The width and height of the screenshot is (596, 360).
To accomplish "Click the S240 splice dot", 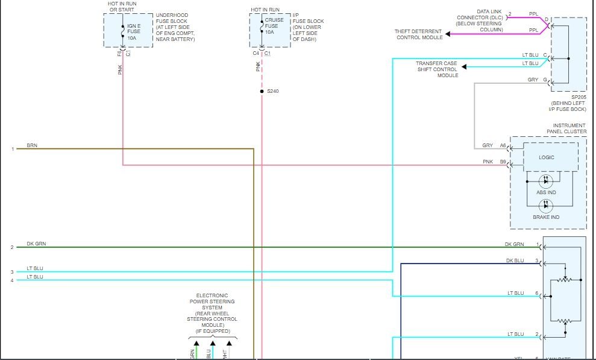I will pos(262,91).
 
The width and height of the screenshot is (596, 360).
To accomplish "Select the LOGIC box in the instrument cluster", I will pos(547,157).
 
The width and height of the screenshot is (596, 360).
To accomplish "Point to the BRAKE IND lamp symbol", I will pos(546,206).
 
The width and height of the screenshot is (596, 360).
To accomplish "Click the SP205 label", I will pos(579,96).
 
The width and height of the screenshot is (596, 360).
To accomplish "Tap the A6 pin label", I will pos(503,145).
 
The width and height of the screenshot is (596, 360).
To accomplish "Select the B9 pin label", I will pos(503,162).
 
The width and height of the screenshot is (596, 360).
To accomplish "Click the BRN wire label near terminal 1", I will pos(32,146).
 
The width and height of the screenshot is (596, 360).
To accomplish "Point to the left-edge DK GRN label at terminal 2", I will pos(36,244).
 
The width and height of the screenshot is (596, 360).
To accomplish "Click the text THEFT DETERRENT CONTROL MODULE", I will pos(419,34).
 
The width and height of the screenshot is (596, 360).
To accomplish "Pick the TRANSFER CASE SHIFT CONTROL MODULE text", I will pos(437,69).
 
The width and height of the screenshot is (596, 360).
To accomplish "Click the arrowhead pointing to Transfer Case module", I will pos(463,66).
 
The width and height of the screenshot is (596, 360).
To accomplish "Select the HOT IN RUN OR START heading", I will pos(122,7).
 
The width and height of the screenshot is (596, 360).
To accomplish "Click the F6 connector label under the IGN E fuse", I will pos(119,54).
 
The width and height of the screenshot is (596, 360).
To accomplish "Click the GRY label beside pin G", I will pos(533,80).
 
